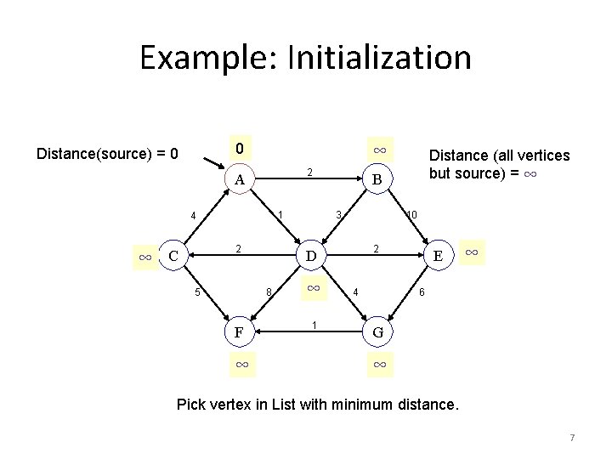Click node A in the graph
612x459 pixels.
[x=241, y=179]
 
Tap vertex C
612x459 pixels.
[x=173, y=256]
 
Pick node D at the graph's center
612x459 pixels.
[x=311, y=256]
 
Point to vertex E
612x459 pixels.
[x=437, y=256]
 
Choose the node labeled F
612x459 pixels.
[x=241, y=332]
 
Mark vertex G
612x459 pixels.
[x=379, y=332]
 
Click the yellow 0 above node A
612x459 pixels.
[x=241, y=149]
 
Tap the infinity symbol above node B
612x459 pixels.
[x=380, y=150]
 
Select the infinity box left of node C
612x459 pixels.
[x=145, y=256]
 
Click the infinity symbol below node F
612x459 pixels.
[x=241, y=364]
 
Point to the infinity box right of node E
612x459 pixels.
[x=473, y=252]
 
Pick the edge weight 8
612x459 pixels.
[x=268, y=294]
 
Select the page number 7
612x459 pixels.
[x=572, y=438]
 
